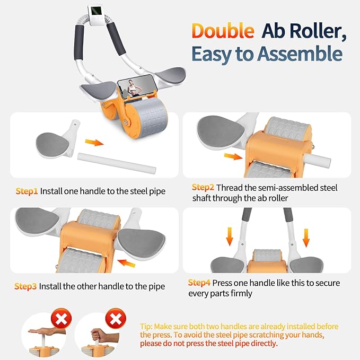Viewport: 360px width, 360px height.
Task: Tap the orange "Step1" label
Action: point(25,191)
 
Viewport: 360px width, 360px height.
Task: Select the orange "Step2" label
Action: point(203,187)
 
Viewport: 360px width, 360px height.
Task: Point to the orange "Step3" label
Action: point(25,286)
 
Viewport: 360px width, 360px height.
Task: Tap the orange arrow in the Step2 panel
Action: point(232,156)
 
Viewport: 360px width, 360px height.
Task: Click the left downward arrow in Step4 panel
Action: point(229,238)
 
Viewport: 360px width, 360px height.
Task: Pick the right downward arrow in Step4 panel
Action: point(306,238)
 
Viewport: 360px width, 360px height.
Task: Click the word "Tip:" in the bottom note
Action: point(147,327)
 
